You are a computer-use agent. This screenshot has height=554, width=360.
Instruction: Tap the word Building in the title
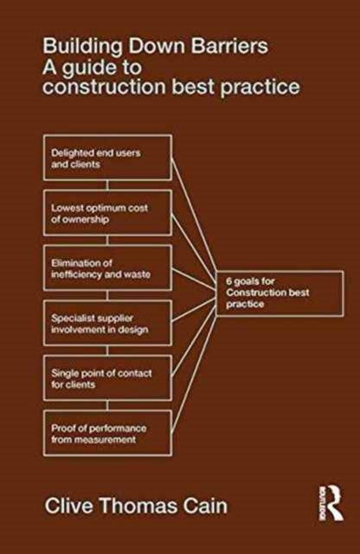tap(83, 47)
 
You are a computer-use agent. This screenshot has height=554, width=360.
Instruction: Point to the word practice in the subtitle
tap(260, 87)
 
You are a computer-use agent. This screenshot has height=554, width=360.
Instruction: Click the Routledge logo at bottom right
tap(331, 503)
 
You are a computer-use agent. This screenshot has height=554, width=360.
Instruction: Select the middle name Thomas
tap(138, 506)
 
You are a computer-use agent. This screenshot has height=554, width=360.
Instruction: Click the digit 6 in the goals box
tap(229, 281)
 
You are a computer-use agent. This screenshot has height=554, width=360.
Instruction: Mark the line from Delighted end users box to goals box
tap(194, 219)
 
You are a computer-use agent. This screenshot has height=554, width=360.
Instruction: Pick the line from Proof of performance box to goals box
tap(194, 370)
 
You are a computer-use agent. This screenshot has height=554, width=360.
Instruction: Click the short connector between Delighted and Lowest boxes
tap(108, 185)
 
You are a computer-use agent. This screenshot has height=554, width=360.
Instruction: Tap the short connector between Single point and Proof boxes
tap(108, 406)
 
